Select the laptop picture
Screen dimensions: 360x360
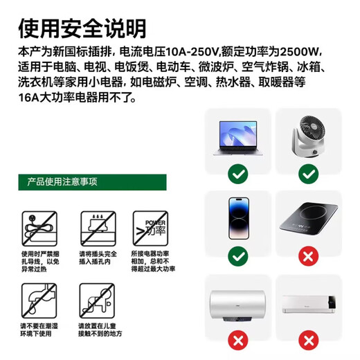(x=237, y=136)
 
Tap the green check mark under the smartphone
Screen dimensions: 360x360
(x=237, y=257)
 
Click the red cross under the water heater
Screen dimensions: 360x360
(x=237, y=341)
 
